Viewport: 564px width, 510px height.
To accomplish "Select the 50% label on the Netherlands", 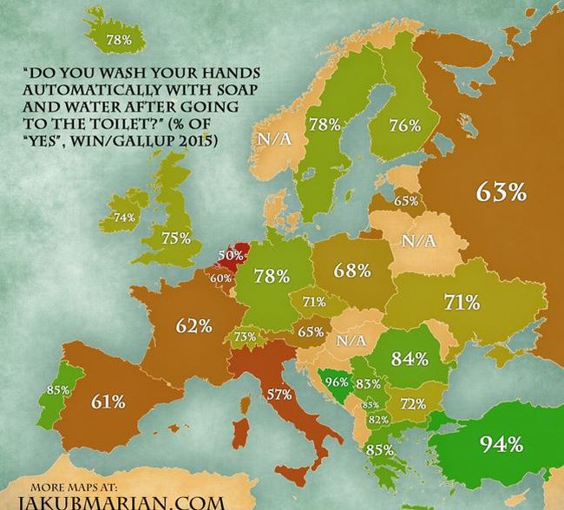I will pos(230,256).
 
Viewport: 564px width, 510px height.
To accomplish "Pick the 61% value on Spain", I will pos(108,402).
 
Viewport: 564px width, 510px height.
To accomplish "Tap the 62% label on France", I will pos(194,327).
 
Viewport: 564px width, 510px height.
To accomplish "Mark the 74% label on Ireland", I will pos(125,217).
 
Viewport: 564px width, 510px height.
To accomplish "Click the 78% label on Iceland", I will pos(118,40).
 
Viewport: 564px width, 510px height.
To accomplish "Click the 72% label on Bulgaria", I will pos(412,404).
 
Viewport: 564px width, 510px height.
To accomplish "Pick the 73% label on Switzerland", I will pos(246,337).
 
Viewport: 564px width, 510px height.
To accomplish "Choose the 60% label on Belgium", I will pos(220,278).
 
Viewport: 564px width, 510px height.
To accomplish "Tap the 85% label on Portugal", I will pos(58,390).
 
